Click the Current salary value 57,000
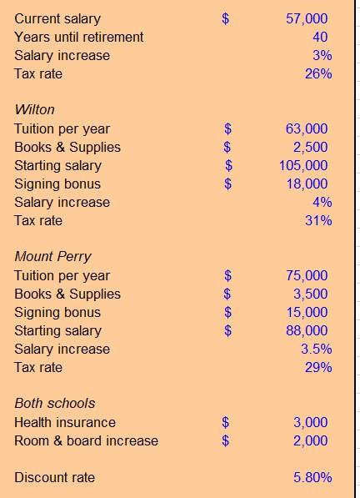307,18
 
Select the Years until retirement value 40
320,37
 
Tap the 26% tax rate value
318,73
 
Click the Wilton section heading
34,110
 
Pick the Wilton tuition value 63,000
307,128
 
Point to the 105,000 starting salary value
303,165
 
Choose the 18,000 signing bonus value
307,184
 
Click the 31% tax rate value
318,220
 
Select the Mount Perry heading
52,257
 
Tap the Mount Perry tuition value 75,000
307,275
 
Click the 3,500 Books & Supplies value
310,294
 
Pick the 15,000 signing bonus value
307,312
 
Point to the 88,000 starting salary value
307,330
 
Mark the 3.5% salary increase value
317,349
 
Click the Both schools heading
55,404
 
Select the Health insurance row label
65,422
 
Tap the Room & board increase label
86,440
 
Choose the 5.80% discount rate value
312,477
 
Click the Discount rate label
54,477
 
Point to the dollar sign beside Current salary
225,18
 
